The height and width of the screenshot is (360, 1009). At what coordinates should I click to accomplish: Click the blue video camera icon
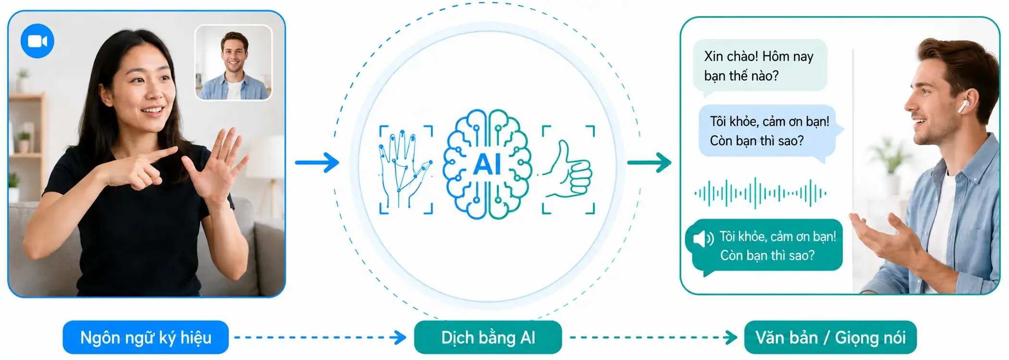[x=37, y=41]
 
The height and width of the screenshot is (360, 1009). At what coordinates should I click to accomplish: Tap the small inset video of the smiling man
[x=234, y=62]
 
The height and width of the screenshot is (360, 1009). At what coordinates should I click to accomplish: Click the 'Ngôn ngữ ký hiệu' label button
[x=146, y=337]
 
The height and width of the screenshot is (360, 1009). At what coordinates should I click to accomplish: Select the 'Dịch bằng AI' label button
[x=488, y=337]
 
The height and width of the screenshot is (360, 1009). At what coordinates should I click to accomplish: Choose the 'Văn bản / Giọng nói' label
[x=830, y=337]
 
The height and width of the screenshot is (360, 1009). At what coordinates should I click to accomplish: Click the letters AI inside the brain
[x=487, y=164]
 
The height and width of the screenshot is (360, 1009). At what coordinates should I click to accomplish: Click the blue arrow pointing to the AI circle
[x=317, y=162]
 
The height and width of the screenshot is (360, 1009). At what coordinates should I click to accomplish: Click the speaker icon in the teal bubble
[x=703, y=238]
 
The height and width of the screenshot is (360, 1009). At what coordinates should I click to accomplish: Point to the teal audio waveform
[x=760, y=193]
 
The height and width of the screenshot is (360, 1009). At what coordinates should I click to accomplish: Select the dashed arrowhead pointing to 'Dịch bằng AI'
[x=400, y=337]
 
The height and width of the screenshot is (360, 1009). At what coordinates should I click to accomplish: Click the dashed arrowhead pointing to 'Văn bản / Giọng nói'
[x=731, y=337]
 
